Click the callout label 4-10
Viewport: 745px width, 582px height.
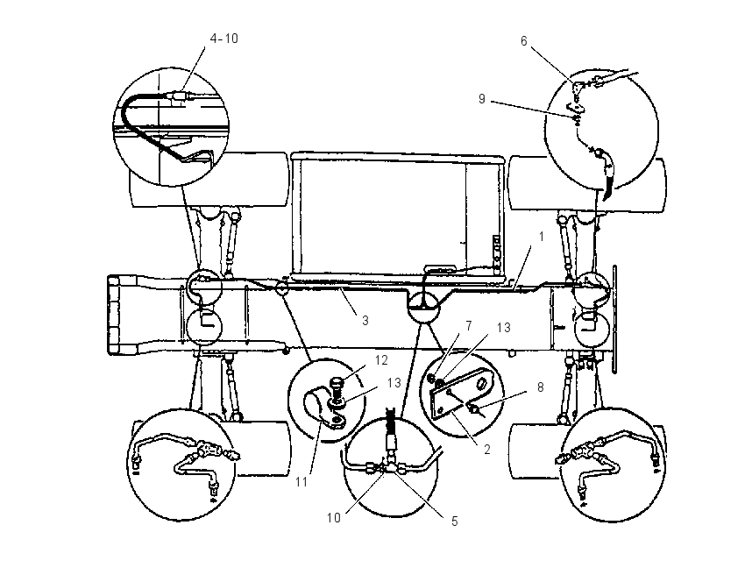[x=224, y=39]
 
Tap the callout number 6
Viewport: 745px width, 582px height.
[x=523, y=41]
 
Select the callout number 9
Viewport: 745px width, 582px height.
[x=482, y=99]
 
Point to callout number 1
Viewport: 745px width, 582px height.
[x=541, y=236]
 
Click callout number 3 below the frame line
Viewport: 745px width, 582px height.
[x=365, y=321]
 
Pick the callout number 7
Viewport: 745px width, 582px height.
[x=469, y=326]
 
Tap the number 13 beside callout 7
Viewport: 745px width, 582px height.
[x=503, y=327]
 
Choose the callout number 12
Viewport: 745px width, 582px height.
[x=381, y=360]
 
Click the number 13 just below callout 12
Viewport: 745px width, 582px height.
[x=394, y=382]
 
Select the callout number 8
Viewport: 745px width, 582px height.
[x=540, y=387]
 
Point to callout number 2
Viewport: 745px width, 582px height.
[x=487, y=449]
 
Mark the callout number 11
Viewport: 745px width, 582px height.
[x=302, y=482]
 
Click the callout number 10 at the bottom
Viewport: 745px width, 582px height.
[x=334, y=517]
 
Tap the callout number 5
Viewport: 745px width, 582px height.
[x=454, y=522]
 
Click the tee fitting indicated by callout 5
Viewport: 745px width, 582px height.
[x=390, y=467]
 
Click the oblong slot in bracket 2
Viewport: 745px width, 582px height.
[x=482, y=382]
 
